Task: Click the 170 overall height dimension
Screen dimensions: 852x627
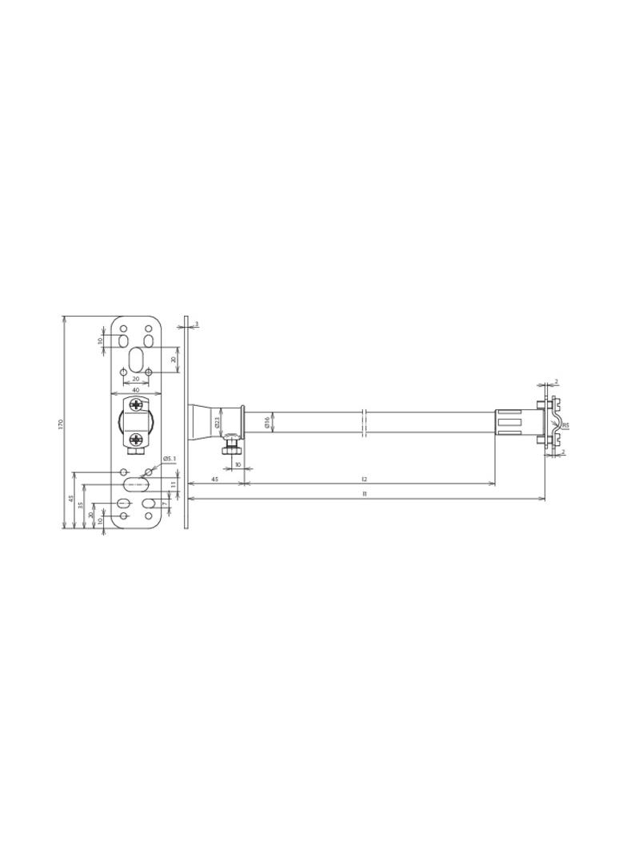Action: [60, 423]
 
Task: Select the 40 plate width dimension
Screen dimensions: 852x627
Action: [135, 390]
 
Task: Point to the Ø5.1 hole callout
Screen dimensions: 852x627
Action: [169, 459]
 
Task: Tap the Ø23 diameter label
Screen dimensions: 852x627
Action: [217, 422]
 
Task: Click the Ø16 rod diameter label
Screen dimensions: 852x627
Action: [267, 422]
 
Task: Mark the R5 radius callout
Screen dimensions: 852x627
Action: [565, 425]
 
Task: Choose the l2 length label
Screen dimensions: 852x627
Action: [365, 480]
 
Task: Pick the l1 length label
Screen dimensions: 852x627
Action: [365, 495]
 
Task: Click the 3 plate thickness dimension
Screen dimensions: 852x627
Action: [197, 324]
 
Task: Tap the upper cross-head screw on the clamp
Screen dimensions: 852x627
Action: [135, 405]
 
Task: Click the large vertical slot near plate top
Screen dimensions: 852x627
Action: [136, 356]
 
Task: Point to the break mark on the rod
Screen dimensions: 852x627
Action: [364, 423]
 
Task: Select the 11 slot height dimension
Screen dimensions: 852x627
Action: [173, 484]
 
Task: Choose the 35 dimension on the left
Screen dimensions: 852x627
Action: [81, 505]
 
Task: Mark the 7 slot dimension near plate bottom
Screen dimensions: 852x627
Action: [165, 504]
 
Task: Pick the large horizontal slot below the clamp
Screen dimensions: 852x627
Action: [135, 484]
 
